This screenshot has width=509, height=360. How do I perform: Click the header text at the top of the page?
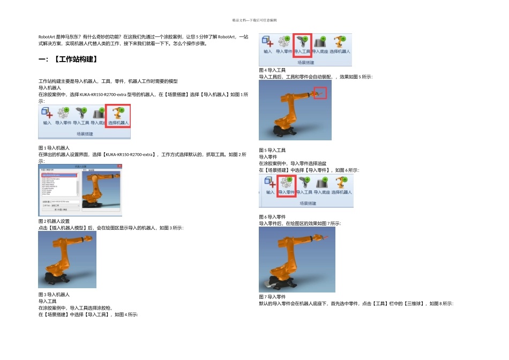pos(254,20)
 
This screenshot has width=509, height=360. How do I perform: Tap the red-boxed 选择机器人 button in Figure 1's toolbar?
pos(118,115)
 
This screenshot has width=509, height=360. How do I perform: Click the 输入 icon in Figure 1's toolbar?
pos(47,116)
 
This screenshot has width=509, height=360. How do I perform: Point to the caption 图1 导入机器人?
pos(54,147)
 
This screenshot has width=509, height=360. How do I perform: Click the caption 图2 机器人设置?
pos(54,221)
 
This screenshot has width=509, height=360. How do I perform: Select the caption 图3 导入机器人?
pos(54,294)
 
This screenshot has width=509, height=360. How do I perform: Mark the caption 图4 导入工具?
pos(272,70)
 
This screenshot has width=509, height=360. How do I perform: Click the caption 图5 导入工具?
pos(272,150)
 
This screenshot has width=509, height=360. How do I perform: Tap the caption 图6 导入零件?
pos(272,216)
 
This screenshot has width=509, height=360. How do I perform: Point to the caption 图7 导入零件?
pos(272,296)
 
